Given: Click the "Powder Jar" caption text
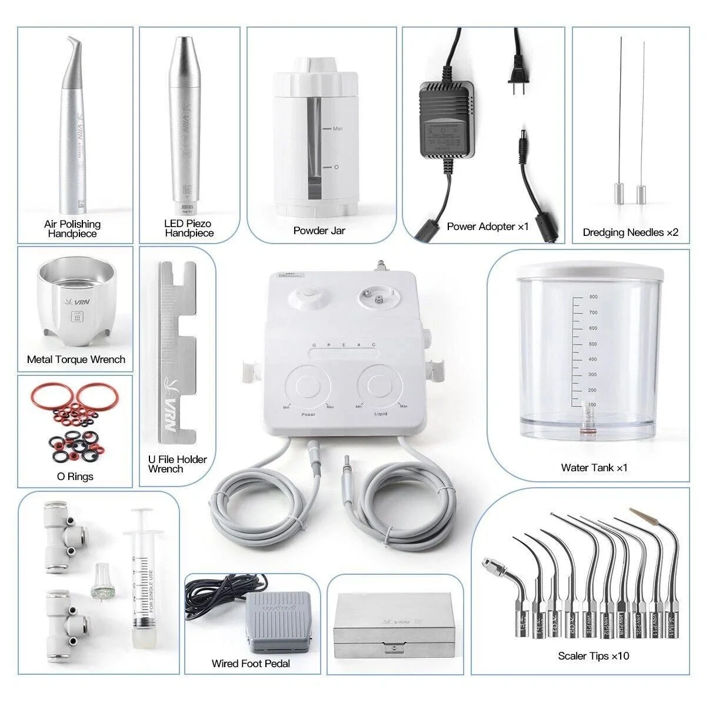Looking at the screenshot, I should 319,231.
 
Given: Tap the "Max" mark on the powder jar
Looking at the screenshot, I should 338,128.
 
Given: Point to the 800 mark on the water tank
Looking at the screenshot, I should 593,297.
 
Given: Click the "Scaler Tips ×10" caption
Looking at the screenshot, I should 593,655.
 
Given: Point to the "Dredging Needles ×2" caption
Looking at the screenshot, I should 630,232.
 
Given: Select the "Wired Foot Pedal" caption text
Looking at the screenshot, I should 251,664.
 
